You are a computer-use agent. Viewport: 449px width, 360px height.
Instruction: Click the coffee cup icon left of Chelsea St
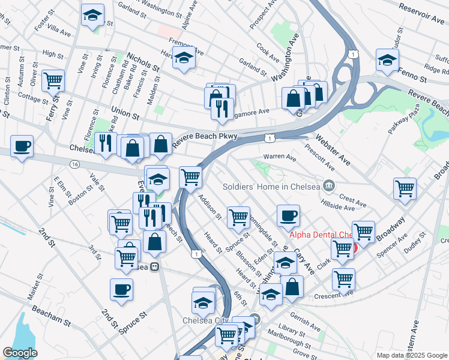click(x=22, y=146)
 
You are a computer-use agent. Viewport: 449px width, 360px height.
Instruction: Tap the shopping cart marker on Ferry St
click(x=53, y=80)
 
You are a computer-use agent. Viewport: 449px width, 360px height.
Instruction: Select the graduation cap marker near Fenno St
click(x=387, y=60)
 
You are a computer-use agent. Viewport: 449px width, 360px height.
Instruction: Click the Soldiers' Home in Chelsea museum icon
click(x=328, y=185)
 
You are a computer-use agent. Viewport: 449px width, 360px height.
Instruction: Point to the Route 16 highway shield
click(x=74, y=164)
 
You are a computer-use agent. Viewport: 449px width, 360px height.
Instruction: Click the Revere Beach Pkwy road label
click(x=205, y=140)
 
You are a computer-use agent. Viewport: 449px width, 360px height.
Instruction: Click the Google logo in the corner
click(x=20, y=353)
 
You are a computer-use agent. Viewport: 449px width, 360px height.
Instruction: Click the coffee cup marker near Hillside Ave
click(x=288, y=215)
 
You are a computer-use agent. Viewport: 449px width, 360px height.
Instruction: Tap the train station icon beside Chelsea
click(x=155, y=267)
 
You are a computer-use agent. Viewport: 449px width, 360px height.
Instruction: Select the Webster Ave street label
click(x=330, y=151)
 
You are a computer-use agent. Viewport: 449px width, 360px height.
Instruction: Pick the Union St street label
click(x=125, y=112)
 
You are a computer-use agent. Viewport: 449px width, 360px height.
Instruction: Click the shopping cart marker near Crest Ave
click(x=405, y=188)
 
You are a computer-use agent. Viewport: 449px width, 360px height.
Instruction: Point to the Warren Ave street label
click(x=282, y=158)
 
